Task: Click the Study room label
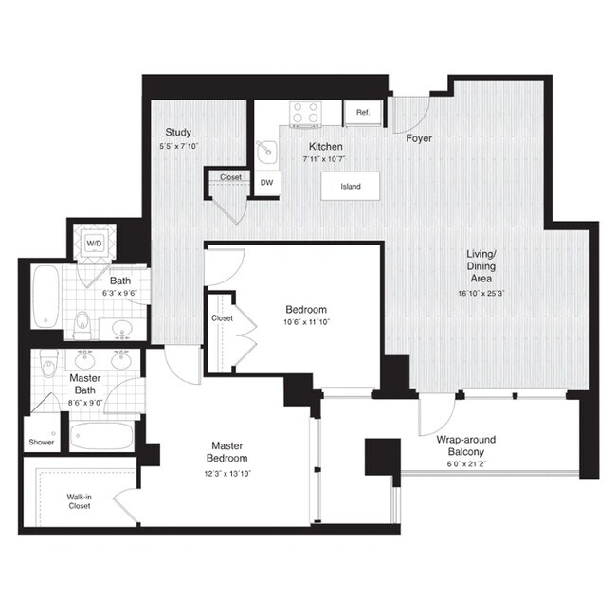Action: tap(178, 132)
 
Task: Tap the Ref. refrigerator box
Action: tap(362, 113)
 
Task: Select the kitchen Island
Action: tap(351, 186)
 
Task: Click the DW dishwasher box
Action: tap(267, 182)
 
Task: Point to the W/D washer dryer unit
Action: tap(95, 244)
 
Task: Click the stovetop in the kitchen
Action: tap(305, 114)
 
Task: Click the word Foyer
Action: tap(419, 138)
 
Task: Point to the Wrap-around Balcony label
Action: tap(465, 445)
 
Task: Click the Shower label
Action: tap(42, 443)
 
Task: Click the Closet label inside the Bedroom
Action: tap(222, 318)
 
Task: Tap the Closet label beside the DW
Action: tap(230, 177)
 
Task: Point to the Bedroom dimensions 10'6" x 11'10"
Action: tap(306, 323)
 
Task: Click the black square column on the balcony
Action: tap(384, 456)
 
